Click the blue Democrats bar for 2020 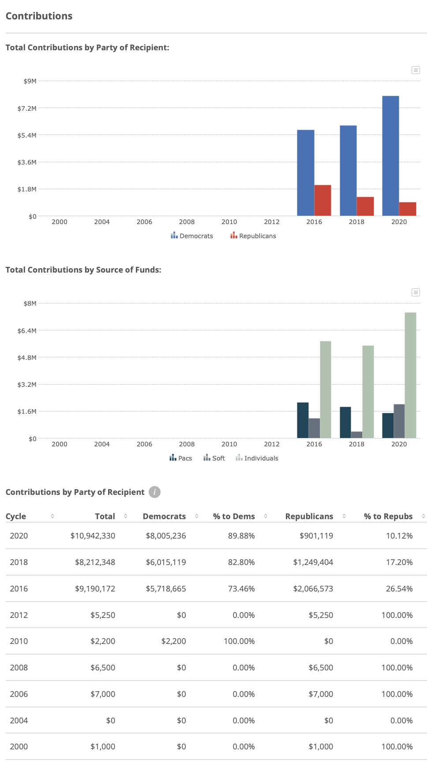point(390,156)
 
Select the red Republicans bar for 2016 point(322,200)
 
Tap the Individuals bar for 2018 point(368,392)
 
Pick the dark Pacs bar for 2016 point(303,420)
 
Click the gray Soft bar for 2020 point(399,421)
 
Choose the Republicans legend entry point(253,236)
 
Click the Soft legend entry point(214,458)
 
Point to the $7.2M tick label point(27,108)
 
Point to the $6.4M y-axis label point(27,330)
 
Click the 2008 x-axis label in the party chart point(187,222)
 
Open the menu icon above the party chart point(416,70)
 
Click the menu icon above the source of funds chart point(416,292)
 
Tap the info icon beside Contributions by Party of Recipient point(154,492)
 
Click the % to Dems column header point(234,516)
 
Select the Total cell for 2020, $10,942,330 point(93,535)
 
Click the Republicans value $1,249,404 point(313,562)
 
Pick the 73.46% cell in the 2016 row point(241,588)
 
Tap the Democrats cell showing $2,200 point(173,641)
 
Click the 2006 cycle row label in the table point(19,694)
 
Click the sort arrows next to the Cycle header point(52,516)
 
